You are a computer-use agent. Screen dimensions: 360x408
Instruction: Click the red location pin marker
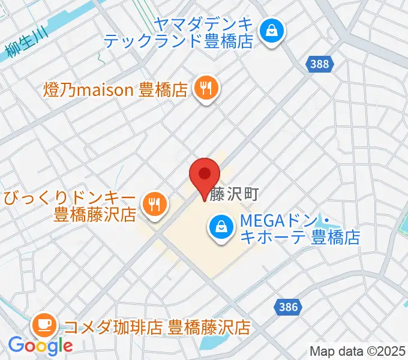[x=205, y=175]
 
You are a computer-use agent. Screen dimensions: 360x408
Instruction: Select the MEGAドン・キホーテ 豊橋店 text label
[x=299, y=229]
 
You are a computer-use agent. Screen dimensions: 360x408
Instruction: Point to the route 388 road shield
[x=320, y=64]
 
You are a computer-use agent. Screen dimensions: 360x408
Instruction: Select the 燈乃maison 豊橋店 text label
[x=116, y=90]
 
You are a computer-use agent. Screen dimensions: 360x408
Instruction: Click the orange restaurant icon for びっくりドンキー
[x=154, y=204]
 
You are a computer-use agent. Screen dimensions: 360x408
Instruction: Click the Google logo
[x=40, y=346]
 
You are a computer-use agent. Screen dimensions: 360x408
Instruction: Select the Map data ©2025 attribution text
[x=358, y=351]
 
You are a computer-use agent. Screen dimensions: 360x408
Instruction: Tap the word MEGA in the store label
[x=257, y=221]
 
